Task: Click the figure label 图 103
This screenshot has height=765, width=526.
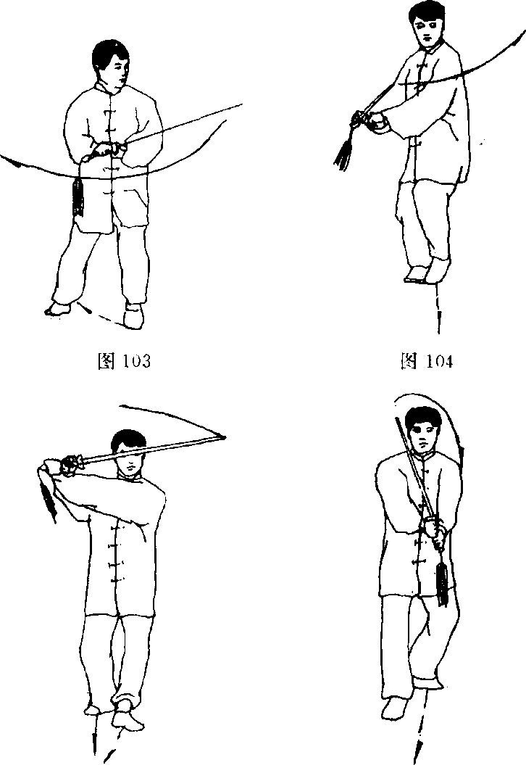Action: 124,361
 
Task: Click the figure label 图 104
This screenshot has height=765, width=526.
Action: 426,361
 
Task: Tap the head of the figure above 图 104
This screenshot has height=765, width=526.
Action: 427,26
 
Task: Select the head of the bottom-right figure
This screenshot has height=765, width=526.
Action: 422,431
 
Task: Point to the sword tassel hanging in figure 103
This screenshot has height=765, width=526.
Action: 78,197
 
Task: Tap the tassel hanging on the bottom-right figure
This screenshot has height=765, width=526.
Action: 443,583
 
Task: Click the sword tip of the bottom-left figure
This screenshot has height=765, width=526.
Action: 225,437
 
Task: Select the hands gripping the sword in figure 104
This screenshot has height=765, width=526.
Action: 370,120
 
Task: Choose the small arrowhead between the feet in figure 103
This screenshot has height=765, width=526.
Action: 87,310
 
